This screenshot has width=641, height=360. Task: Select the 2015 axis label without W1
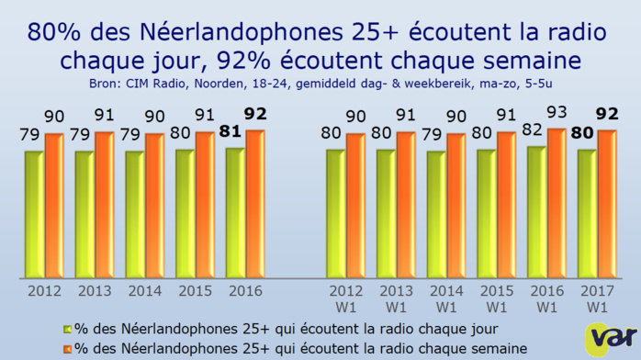195,291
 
